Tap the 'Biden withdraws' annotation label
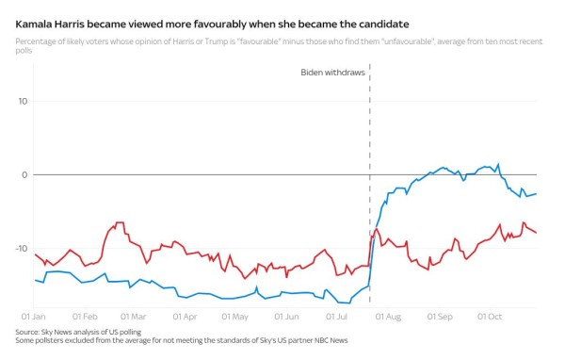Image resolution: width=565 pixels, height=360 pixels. coord(333,73)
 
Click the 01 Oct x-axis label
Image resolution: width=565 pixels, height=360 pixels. coord(488,317)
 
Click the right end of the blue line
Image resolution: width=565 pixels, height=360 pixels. coord(536,194)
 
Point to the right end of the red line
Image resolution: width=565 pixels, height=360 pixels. coord(536,232)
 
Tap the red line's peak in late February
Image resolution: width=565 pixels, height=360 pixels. coord(120,223)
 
